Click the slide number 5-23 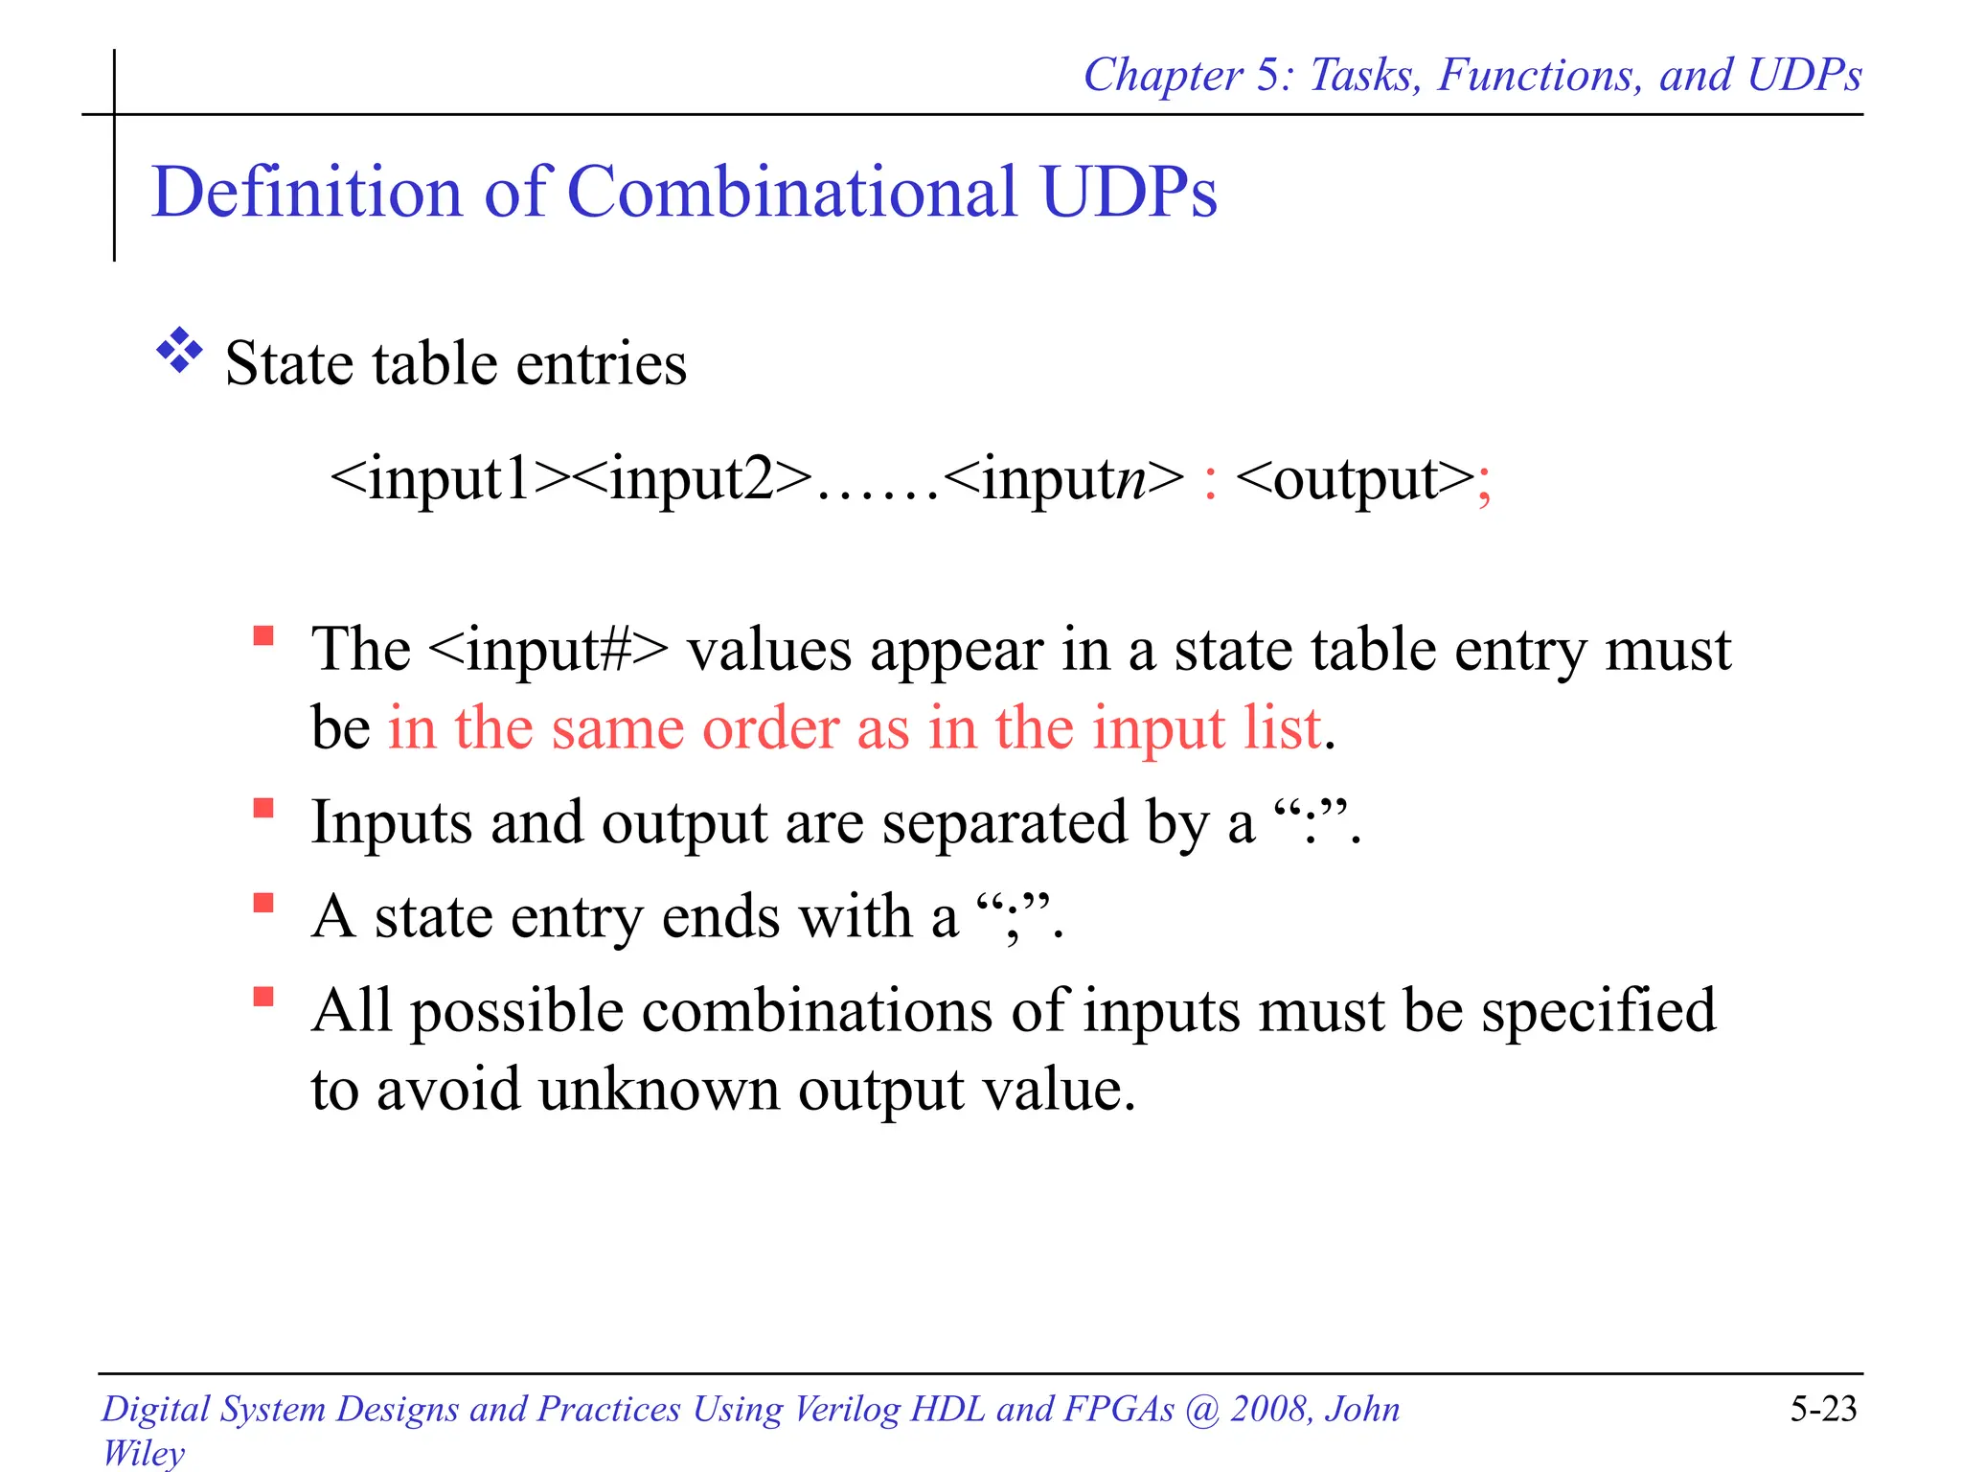point(1823,1409)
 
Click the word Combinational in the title point(792,192)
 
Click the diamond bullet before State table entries point(179,351)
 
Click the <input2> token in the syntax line point(695,479)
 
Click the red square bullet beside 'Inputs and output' point(263,809)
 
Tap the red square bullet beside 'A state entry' point(263,903)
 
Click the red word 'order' point(770,728)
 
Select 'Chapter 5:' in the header point(1188,75)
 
